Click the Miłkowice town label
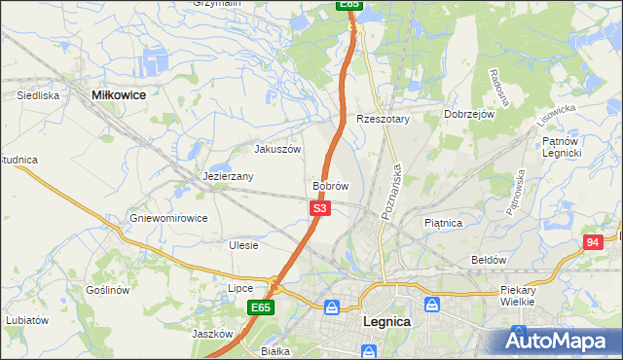point(118,94)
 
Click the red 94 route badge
point(593,242)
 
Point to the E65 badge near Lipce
point(260,307)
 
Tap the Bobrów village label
point(330,185)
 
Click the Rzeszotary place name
point(384,119)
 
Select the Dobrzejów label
point(470,114)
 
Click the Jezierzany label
point(229,176)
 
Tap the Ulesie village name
point(243,245)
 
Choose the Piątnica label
point(444,223)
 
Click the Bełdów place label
point(489,260)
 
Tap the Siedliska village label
point(39,95)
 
